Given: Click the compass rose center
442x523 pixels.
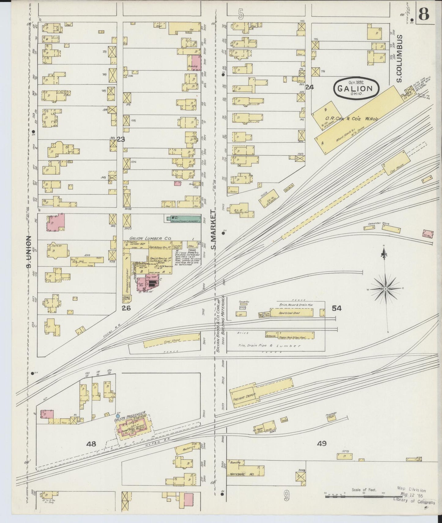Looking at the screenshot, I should [x=386, y=288].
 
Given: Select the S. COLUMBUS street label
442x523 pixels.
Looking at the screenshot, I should [x=399, y=58].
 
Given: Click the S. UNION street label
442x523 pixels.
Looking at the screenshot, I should [x=29, y=251].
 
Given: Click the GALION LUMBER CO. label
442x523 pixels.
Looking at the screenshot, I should [x=150, y=239].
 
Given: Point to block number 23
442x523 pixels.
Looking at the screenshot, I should [x=121, y=139].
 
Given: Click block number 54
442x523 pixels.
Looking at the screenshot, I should [x=337, y=308].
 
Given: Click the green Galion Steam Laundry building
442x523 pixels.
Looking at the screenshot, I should [x=184, y=219].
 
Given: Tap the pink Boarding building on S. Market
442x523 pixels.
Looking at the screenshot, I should [x=193, y=62].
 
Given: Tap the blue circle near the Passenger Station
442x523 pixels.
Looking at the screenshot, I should [x=118, y=416].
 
